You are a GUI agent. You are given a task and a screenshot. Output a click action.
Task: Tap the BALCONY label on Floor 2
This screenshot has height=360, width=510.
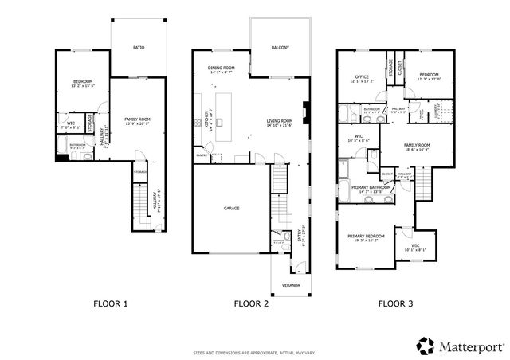279,48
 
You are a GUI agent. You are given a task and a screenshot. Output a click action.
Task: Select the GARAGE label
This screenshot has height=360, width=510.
231,209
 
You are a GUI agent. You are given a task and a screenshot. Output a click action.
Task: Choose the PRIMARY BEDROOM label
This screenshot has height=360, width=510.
366,237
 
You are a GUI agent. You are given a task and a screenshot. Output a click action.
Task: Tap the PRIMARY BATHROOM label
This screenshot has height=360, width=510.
370,188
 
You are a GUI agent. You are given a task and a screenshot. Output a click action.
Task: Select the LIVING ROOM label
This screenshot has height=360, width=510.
280,122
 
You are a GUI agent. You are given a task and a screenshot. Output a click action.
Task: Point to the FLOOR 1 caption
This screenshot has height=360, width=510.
111,303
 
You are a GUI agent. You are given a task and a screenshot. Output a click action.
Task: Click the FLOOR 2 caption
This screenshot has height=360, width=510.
251,303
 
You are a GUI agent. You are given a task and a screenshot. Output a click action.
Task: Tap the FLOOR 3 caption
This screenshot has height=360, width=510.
394,303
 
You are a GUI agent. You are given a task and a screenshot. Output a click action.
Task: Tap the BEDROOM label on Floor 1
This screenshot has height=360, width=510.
83,82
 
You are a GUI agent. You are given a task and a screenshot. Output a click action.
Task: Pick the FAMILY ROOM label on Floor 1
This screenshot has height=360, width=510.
137,120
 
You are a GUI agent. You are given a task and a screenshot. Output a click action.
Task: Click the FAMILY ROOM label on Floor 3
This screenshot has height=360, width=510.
415,146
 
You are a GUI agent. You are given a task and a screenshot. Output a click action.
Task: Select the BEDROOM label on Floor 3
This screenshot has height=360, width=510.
429,77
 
